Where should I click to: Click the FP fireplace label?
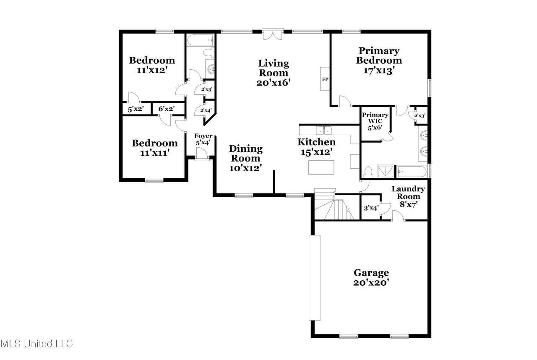coord(325,79)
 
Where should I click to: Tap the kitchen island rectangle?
coord(321,167)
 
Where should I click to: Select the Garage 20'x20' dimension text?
coord(371,282)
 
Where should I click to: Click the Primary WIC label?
coord(375,118)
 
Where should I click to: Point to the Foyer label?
coord(203,136)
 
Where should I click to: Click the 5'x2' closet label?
coord(136,109)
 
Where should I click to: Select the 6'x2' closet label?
coord(167,109)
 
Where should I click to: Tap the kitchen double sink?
coord(324,130)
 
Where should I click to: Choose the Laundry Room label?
coord(408,193)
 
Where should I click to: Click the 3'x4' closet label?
coord(371,208)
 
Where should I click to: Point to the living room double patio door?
coord(273,34)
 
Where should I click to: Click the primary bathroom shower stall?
coord(386,172)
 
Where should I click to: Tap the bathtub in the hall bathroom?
coord(201,40)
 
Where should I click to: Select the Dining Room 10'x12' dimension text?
coord(245,168)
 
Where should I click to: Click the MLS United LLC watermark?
coord(36,344)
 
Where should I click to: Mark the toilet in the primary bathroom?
coord(368,172)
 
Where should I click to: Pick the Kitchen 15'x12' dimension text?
coord(317,152)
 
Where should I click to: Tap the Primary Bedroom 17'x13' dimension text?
coord(379,71)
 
